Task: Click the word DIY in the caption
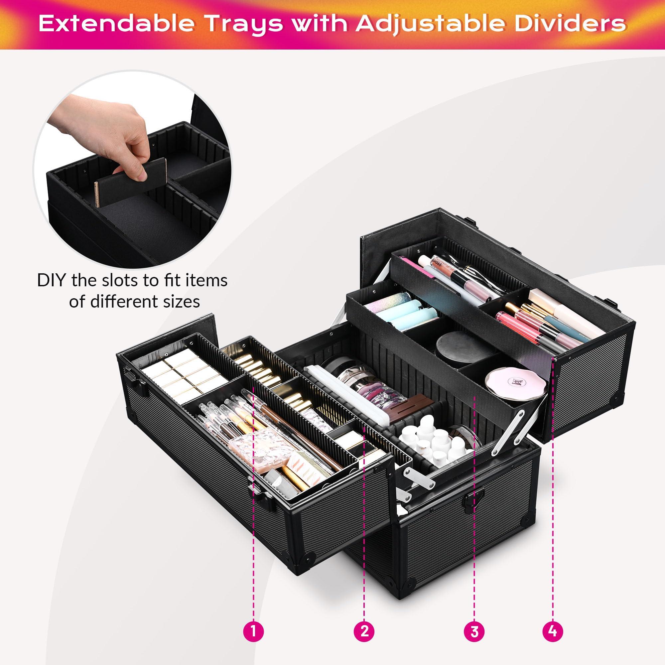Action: tap(52, 281)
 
